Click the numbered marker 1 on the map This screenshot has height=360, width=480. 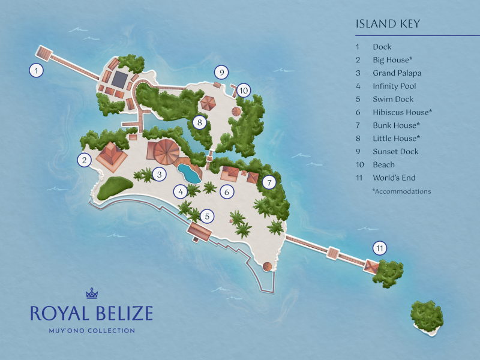(x=37, y=71)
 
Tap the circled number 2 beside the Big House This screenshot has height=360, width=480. (x=85, y=160)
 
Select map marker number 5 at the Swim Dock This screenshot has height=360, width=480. (x=207, y=216)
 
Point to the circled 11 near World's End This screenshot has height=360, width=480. (x=379, y=248)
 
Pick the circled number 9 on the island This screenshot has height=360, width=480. (x=221, y=73)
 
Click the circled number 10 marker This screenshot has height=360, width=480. (x=243, y=91)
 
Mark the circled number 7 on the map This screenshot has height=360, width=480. (x=269, y=182)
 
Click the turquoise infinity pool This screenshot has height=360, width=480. (x=190, y=173)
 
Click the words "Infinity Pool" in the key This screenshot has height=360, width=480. (x=394, y=86)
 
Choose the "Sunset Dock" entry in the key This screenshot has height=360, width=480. (x=395, y=152)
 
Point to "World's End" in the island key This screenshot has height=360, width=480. (x=394, y=178)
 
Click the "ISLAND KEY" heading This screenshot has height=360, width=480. (x=388, y=24)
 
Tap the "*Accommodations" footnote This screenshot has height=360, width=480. (x=401, y=191)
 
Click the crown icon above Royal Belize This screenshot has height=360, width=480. (x=92, y=293)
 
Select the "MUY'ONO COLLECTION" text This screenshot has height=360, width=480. (x=92, y=330)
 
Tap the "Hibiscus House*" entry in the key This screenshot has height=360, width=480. (x=402, y=112)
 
